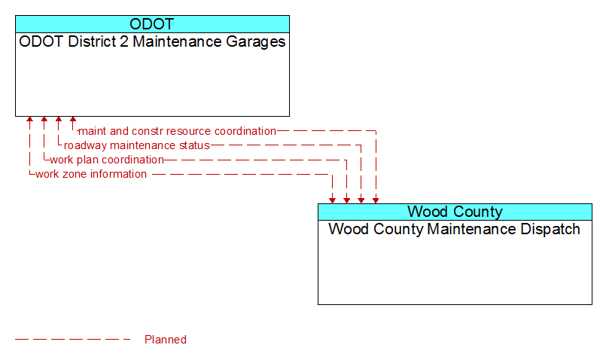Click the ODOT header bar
(152, 24)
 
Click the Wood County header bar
(455, 212)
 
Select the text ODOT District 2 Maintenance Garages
(152, 41)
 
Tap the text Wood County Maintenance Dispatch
(454, 229)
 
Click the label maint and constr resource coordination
(177, 131)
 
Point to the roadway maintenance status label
(137, 145)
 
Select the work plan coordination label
(107, 160)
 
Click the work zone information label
(91, 174)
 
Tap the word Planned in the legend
(166, 340)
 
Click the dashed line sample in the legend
(73, 339)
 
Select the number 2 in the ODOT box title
(123, 41)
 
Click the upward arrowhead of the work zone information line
(29, 120)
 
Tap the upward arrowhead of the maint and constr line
(73, 120)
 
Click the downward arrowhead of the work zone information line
(332, 200)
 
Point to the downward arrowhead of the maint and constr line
(376, 200)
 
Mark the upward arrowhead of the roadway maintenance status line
(59, 120)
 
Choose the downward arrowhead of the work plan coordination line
(347, 200)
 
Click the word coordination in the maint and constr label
(245, 131)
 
